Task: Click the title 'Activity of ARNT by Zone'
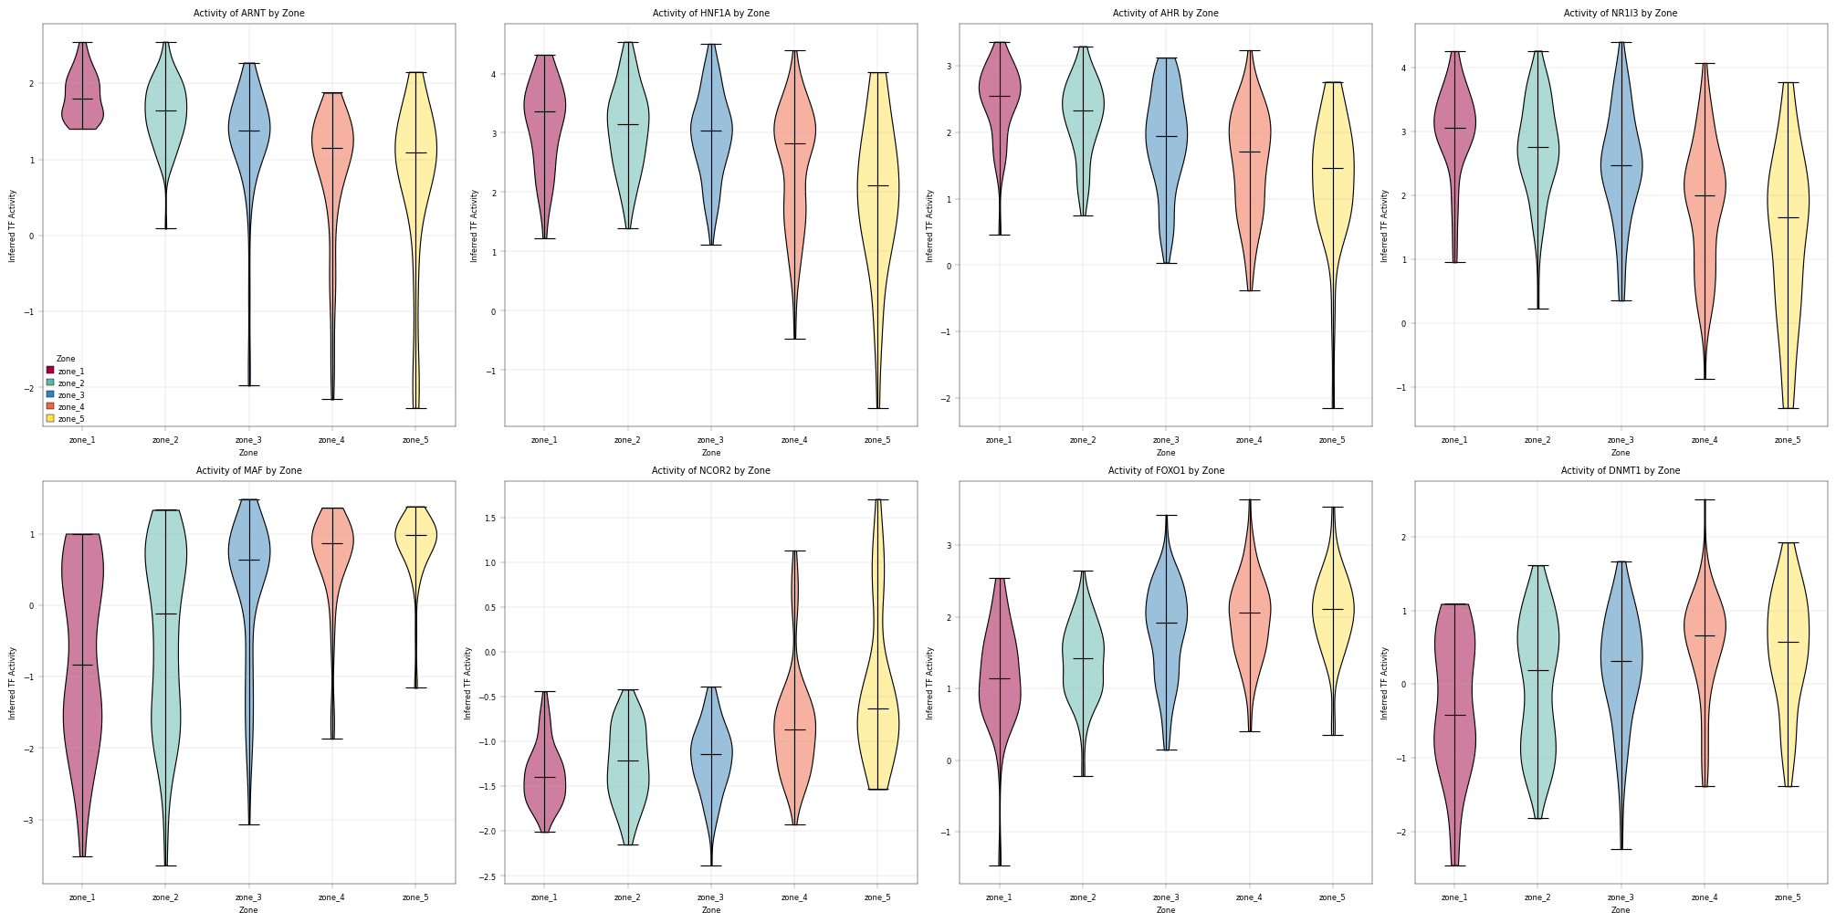click(x=248, y=14)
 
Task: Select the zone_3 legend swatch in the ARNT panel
click(x=50, y=394)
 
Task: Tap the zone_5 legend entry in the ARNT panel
click(x=66, y=418)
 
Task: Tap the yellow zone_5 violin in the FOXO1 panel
click(x=1333, y=621)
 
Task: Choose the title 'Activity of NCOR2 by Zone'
click(x=710, y=471)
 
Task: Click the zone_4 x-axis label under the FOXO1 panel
click(x=1249, y=897)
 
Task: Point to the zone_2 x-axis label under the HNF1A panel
click(x=627, y=440)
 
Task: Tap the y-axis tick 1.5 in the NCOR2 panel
click(x=490, y=518)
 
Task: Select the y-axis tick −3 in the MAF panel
click(x=31, y=820)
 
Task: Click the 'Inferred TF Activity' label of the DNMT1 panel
click(x=1385, y=683)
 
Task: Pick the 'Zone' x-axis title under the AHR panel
click(x=1166, y=453)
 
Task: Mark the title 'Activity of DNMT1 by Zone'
click(x=1621, y=471)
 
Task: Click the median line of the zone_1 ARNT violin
click(x=82, y=99)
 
